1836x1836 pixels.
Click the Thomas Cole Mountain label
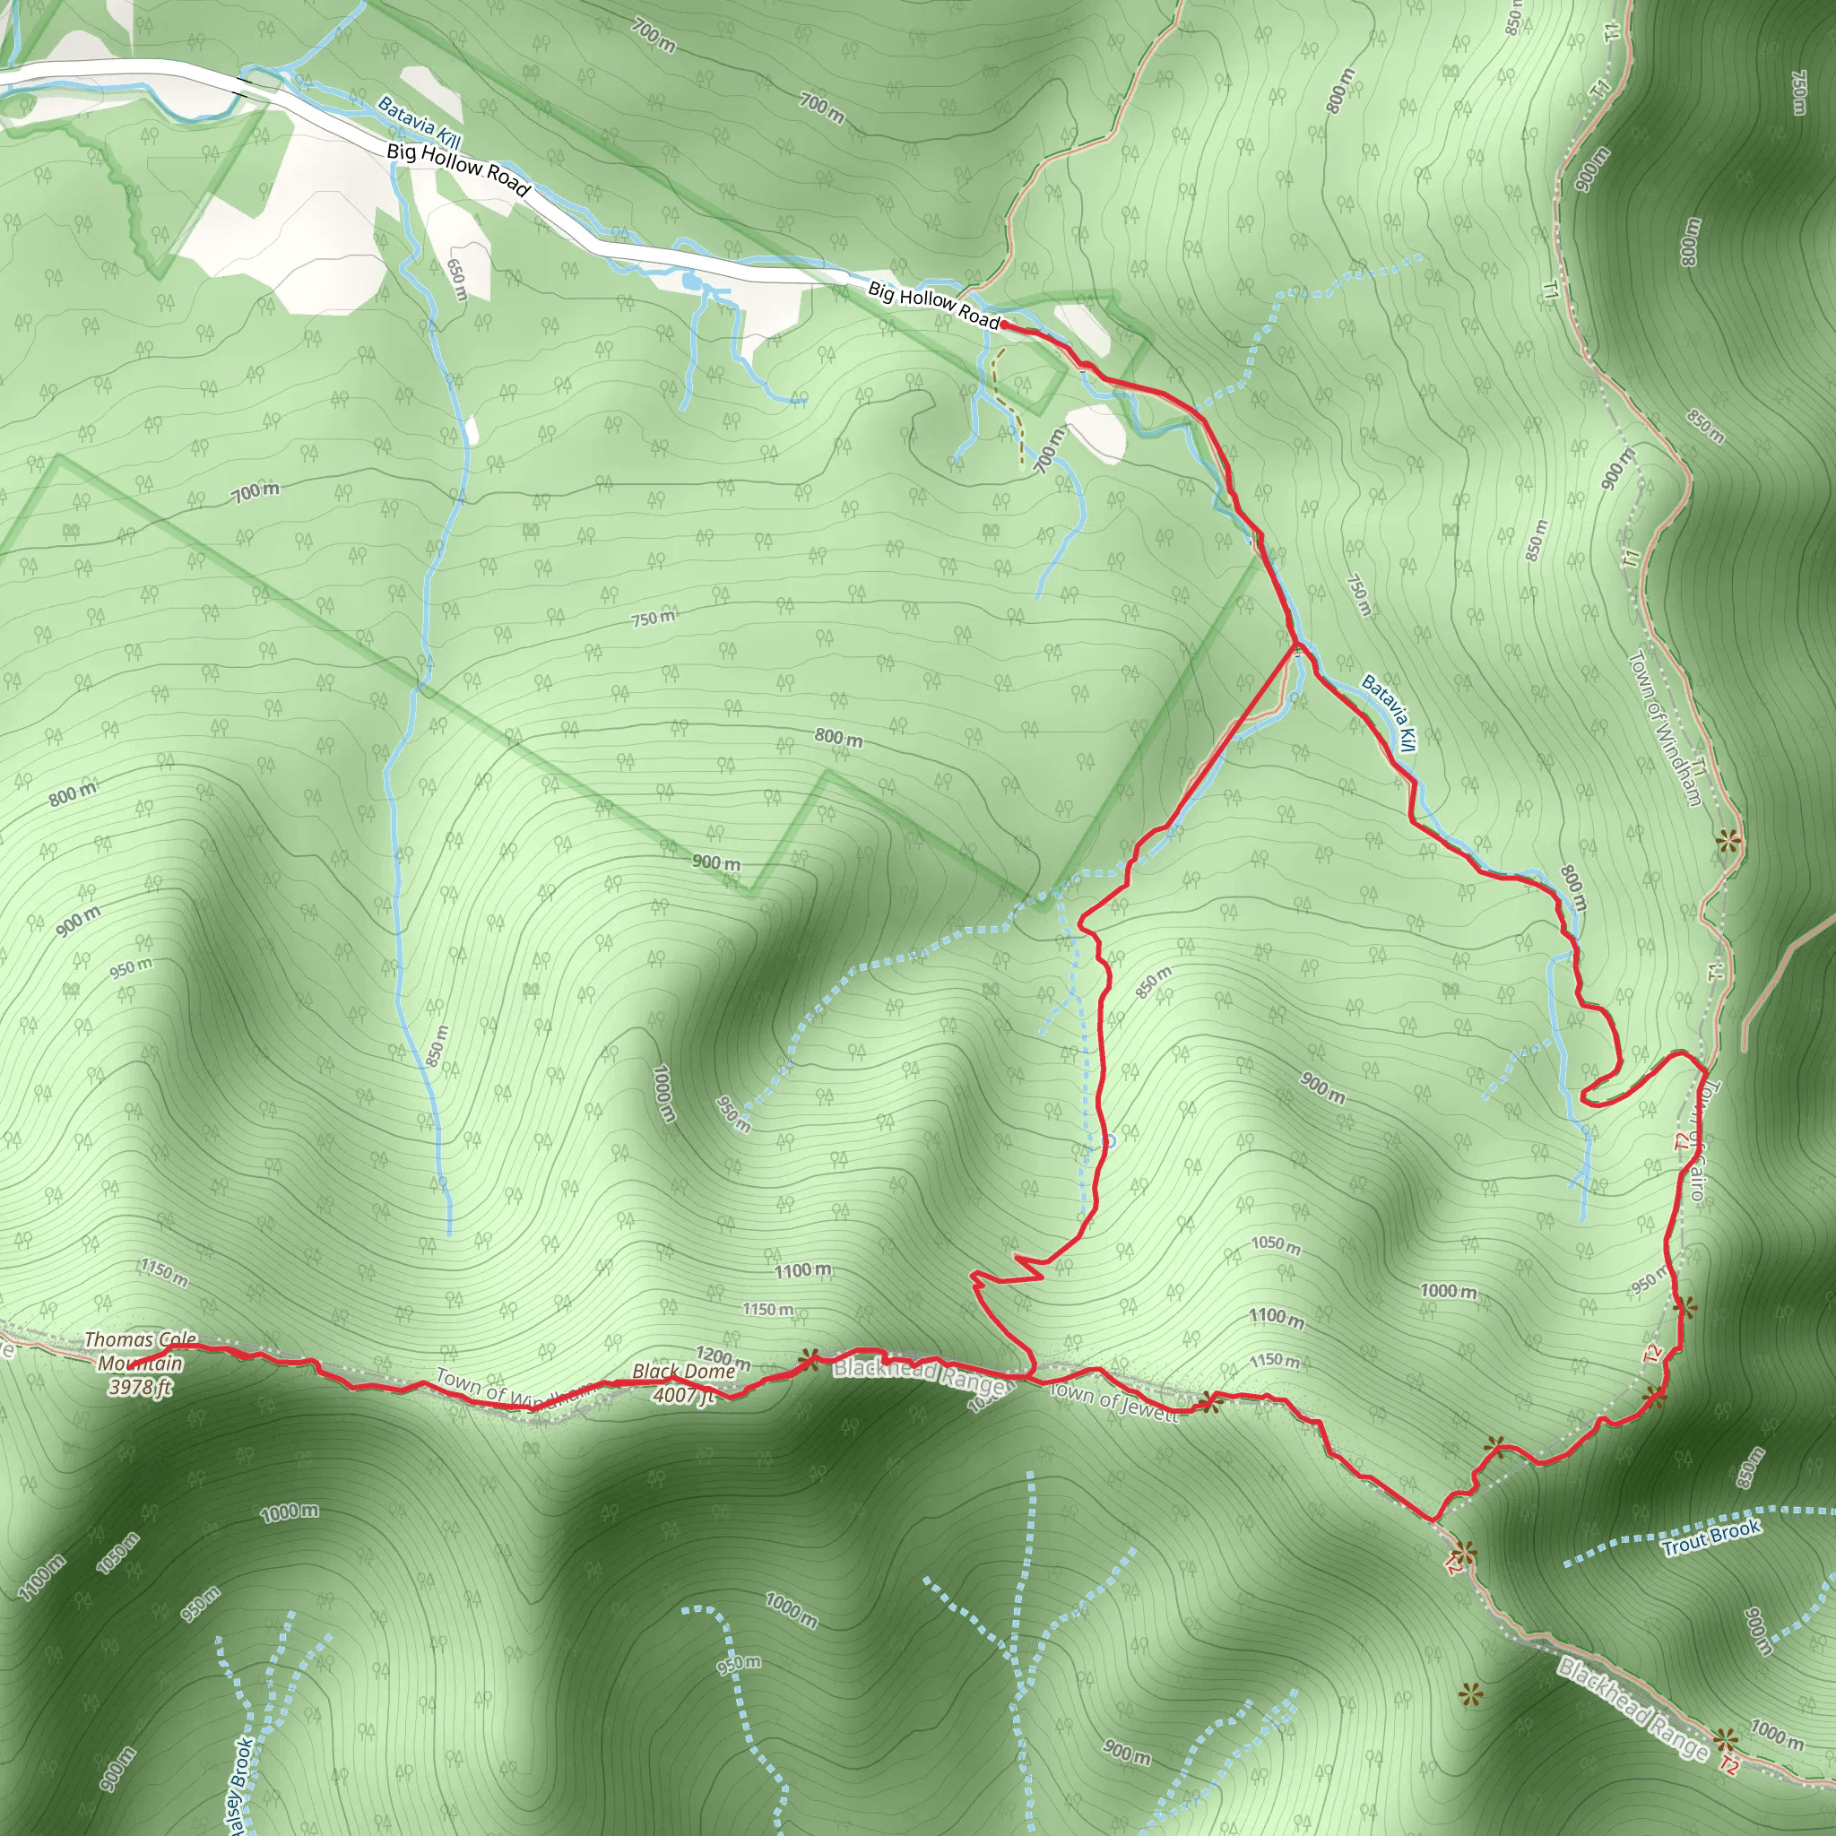[141, 1351]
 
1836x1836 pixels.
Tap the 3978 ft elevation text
[140, 1388]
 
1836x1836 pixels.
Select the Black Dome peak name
[683, 1372]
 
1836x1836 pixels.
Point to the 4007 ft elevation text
[682, 1394]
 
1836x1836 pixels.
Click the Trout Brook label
[1710, 1537]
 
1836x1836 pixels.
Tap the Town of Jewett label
[1113, 1402]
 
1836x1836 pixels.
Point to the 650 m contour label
[457, 280]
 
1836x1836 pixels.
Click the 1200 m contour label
[723, 1359]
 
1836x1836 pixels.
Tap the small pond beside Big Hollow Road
[690, 281]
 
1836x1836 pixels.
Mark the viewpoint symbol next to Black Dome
[810, 1359]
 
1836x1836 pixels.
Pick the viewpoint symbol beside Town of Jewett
[1208, 1402]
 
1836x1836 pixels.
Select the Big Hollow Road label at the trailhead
[933, 305]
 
